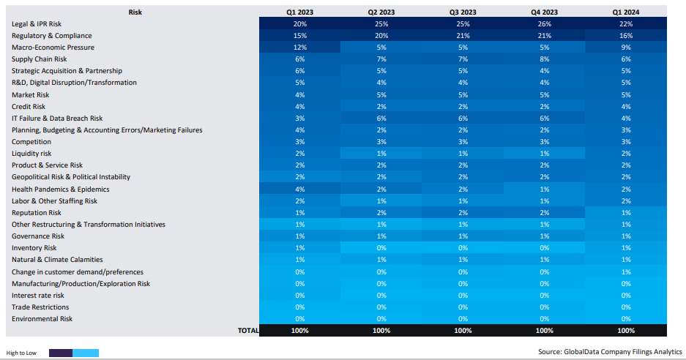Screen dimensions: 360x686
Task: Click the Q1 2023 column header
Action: [x=300, y=12]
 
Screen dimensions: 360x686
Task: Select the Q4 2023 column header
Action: [x=544, y=12]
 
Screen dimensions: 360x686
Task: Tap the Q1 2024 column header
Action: [x=625, y=12]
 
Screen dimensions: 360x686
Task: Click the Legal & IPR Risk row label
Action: [x=37, y=24]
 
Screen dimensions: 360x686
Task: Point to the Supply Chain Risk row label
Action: [x=40, y=59]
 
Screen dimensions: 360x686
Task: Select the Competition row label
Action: [x=31, y=142]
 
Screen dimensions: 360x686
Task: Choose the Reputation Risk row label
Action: [x=37, y=213]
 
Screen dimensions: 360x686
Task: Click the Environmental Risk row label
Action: [x=42, y=319]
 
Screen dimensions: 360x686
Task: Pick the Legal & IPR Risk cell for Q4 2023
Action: [x=544, y=24]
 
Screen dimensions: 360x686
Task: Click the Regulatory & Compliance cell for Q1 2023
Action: [x=300, y=36]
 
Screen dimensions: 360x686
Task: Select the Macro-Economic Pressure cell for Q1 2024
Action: [x=625, y=48]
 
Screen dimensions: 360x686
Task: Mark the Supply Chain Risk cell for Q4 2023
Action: [x=544, y=59]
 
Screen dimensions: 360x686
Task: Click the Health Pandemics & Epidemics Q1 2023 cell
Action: [x=300, y=190]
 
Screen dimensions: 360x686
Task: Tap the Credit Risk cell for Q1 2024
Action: [x=625, y=107]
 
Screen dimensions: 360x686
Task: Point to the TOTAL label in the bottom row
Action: [x=248, y=331]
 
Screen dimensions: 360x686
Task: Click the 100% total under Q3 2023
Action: [x=463, y=331]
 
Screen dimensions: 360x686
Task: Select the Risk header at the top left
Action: [x=135, y=12]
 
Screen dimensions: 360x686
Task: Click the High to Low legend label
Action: [x=21, y=353]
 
